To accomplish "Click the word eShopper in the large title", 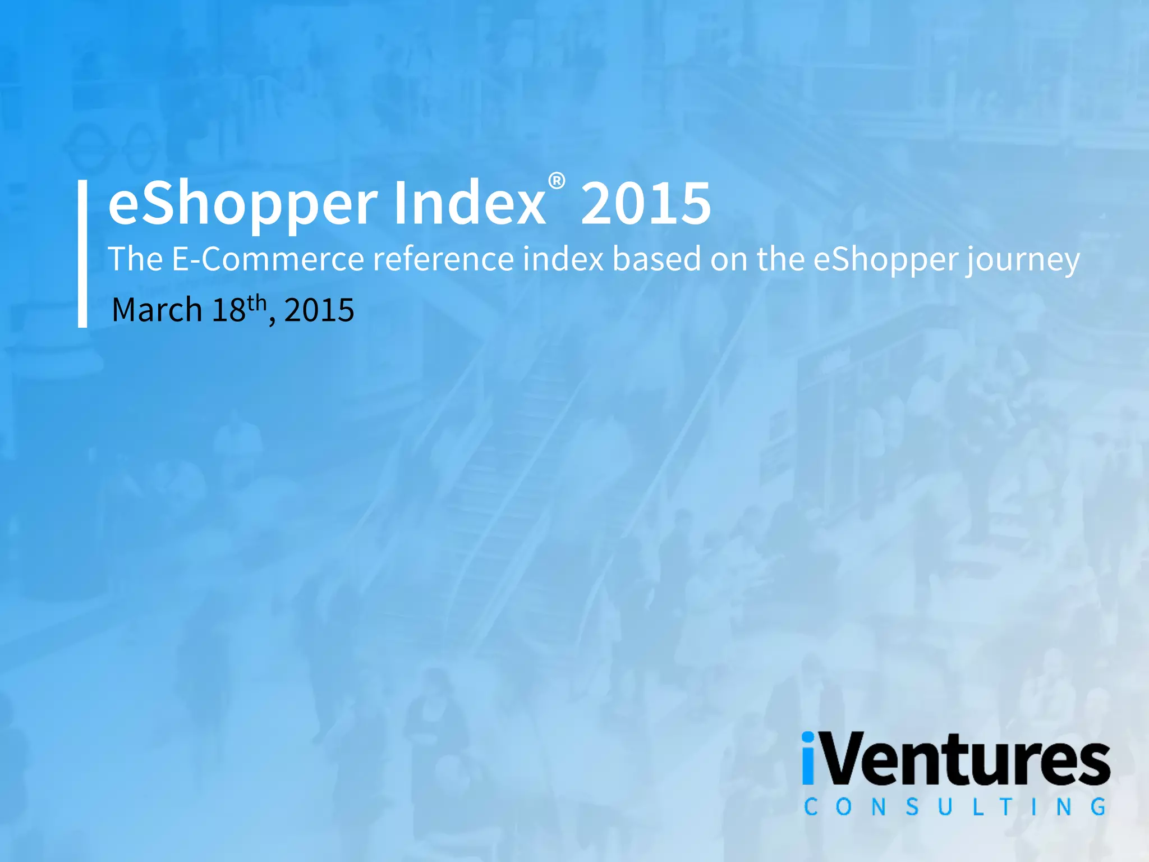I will [x=242, y=203].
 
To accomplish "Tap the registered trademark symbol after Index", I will [x=557, y=181].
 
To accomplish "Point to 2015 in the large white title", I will [x=646, y=203].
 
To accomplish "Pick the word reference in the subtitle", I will [x=443, y=259].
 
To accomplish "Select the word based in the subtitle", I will [x=656, y=259].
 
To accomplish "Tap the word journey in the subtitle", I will [x=1022, y=260].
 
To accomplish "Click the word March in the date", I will [x=157, y=310].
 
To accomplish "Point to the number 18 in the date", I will [x=228, y=310].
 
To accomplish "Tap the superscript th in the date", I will [x=256, y=302].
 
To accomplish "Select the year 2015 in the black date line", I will [x=319, y=310].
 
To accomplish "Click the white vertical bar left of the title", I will [x=82, y=253].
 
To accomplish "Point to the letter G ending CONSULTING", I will [x=1099, y=807].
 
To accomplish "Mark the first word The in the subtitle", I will [x=135, y=259].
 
